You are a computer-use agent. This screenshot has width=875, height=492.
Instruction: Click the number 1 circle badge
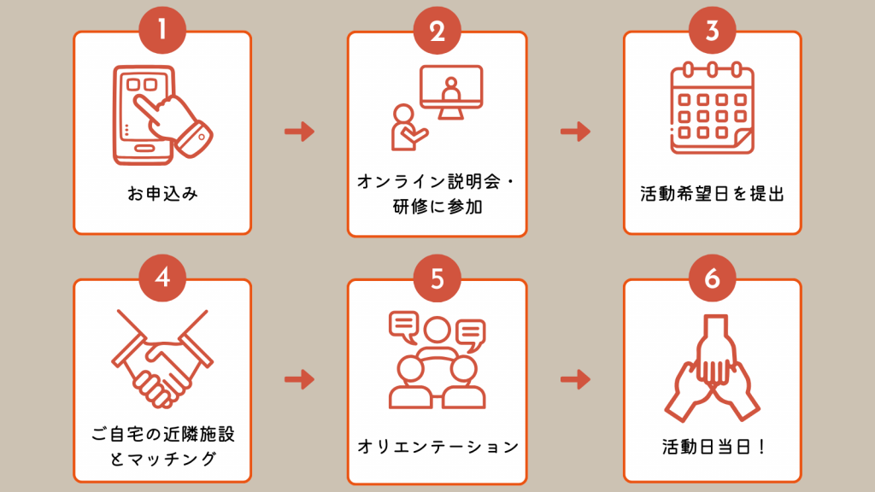(x=162, y=30)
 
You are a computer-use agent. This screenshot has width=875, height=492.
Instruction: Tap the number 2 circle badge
(x=437, y=30)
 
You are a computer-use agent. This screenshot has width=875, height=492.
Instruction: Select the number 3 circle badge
(x=712, y=30)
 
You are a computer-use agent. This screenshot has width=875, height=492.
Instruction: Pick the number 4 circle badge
(x=162, y=278)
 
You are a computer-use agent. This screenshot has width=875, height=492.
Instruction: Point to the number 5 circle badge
(x=437, y=278)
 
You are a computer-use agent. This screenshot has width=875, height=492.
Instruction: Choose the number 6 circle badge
(x=712, y=278)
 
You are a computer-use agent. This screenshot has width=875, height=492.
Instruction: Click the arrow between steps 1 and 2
(x=300, y=132)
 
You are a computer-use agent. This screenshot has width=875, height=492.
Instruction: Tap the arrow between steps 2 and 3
(x=575, y=132)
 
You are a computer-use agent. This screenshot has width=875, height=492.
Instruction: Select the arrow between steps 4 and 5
(x=300, y=379)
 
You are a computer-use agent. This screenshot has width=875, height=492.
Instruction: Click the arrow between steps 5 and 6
(x=575, y=379)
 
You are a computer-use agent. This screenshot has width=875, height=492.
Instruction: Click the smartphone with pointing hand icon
(x=161, y=115)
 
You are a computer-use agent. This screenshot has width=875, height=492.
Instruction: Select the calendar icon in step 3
(x=712, y=108)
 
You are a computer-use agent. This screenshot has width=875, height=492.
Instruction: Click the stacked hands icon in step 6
(x=712, y=368)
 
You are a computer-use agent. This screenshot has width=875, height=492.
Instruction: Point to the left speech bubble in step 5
(x=404, y=325)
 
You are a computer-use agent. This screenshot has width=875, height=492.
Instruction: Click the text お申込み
(x=162, y=194)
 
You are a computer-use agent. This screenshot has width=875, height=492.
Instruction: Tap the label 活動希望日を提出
(x=712, y=194)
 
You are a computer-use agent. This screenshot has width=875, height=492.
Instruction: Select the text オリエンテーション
(x=437, y=446)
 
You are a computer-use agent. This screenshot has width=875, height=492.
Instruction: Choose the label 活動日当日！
(x=713, y=446)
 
